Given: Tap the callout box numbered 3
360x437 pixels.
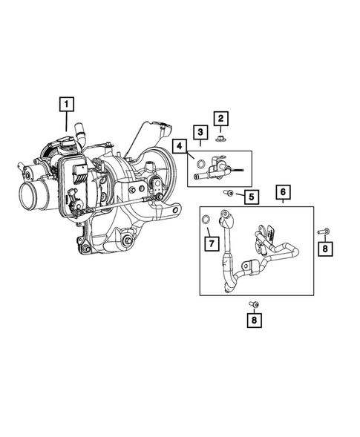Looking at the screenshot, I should click(200, 133).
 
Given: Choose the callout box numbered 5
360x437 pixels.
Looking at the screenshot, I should click(252, 197).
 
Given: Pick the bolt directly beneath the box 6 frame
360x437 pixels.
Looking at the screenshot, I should click(254, 304).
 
